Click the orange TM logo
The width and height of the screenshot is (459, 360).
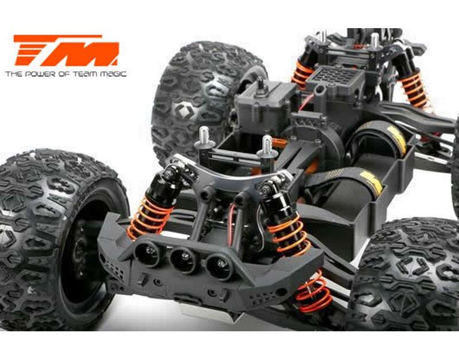(x=67, y=50)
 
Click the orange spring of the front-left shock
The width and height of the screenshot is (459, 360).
(x=149, y=217)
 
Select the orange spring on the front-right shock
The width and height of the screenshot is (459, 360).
(x=289, y=234)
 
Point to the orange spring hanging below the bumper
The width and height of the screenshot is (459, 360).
(x=314, y=292)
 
